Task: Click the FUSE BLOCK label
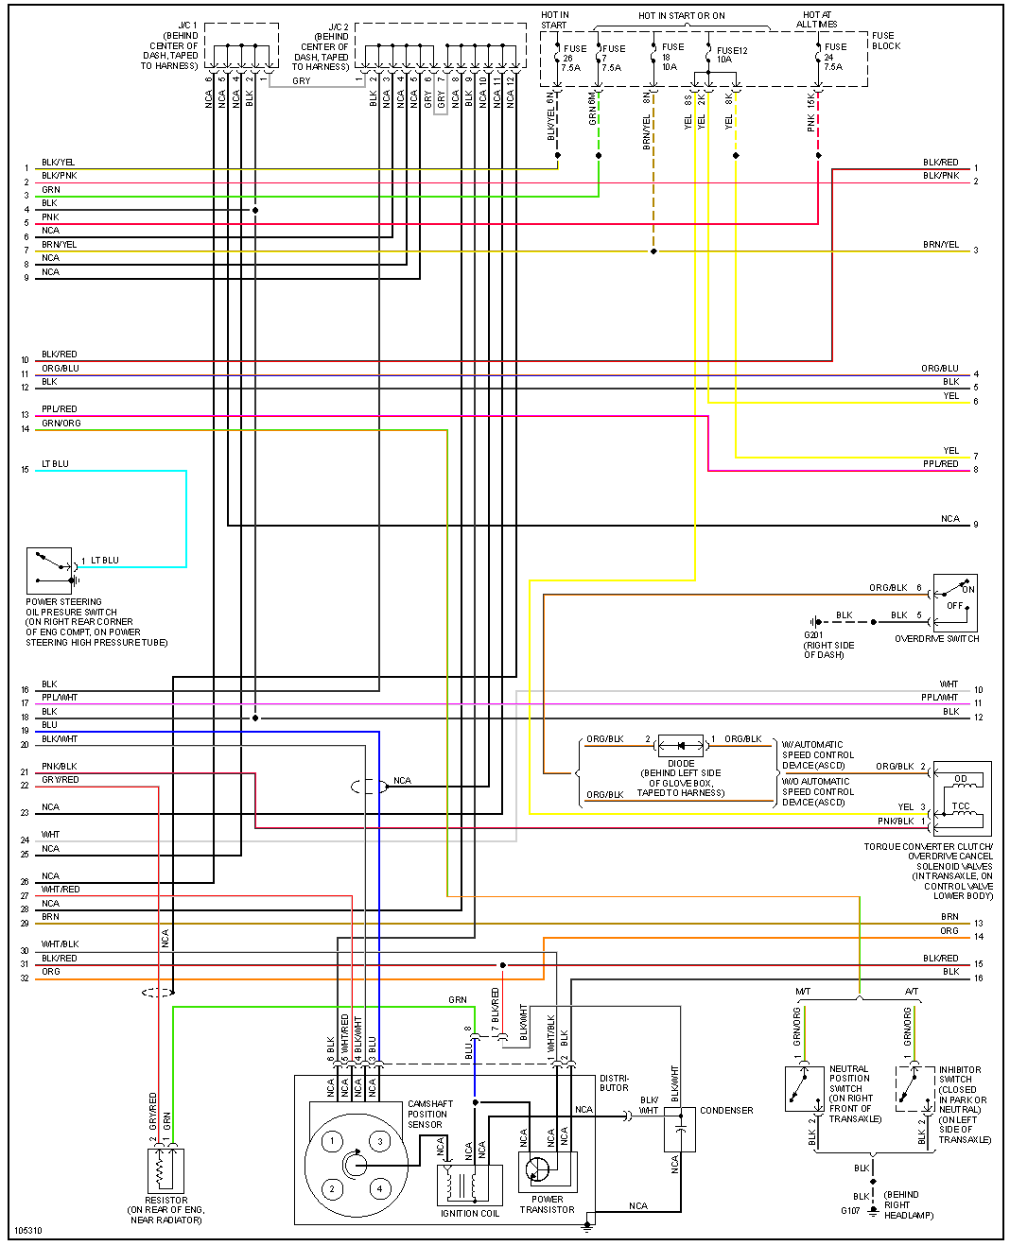(x=885, y=41)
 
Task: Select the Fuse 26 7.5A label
(x=571, y=58)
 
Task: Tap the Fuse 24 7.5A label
(x=833, y=57)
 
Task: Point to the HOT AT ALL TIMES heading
(x=817, y=20)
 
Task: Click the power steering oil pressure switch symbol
(x=48, y=571)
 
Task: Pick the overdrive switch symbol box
(x=954, y=602)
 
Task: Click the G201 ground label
(x=813, y=635)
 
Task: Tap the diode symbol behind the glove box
(x=681, y=746)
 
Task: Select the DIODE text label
(x=681, y=763)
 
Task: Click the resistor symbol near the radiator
(x=165, y=1170)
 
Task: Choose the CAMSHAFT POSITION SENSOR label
(x=429, y=1114)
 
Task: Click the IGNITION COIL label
(x=470, y=1213)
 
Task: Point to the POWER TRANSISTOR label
(x=547, y=1204)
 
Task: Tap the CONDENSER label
(x=726, y=1111)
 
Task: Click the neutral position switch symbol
(x=804, y=1088)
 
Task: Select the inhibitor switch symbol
(x=914, y=1088)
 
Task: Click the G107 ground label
(x=850, y=1210)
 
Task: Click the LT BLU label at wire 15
(x=55, y=464)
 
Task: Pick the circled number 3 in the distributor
(x=380, y=1141)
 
